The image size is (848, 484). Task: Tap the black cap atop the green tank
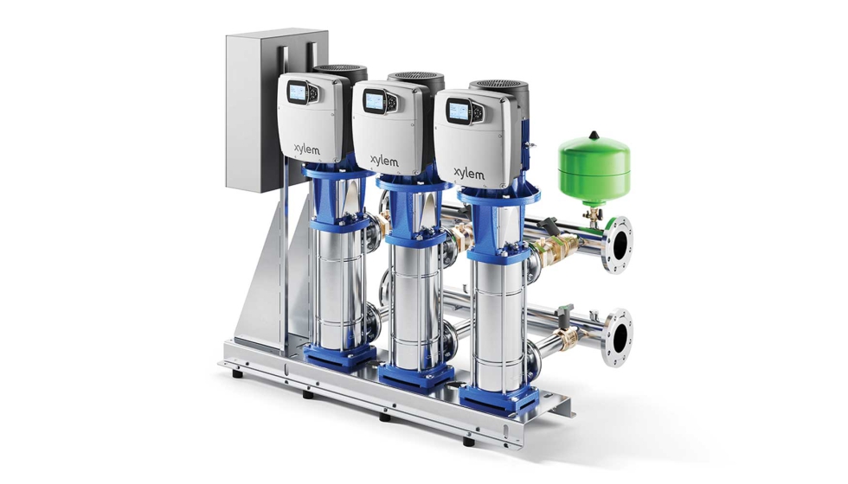(594, 133)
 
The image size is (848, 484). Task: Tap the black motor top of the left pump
(339, 73)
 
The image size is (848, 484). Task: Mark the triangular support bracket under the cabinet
(260, 277)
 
